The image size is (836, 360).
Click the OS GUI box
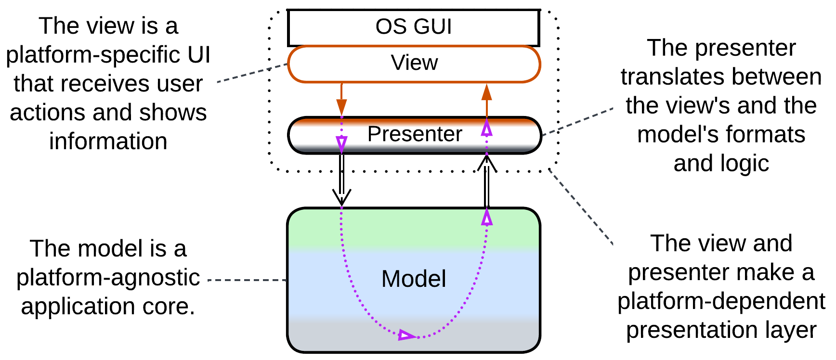413,27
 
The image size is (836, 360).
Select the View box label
414,63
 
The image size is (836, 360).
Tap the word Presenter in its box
415,134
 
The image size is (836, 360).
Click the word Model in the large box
414,279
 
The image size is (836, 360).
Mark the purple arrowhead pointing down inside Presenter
341,143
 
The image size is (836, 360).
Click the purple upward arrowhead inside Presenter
487,128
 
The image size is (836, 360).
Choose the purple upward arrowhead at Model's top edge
487,218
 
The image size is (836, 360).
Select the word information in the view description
108,141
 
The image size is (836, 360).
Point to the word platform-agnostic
108,278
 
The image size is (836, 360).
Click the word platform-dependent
721,301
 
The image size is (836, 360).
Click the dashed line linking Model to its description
247,280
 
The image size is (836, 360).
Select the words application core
108,307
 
